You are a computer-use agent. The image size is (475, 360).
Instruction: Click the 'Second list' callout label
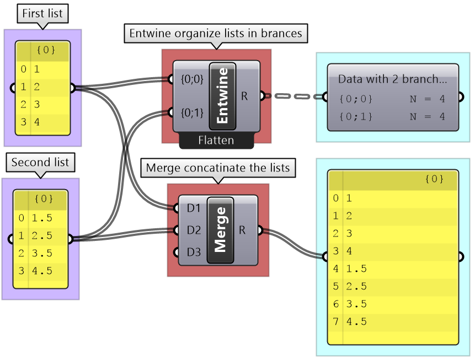[41, 163]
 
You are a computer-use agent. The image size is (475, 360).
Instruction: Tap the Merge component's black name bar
[220, 229]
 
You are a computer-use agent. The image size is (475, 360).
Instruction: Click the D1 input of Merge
[193, 209]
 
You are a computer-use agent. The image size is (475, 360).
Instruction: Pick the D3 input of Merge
[193, 252]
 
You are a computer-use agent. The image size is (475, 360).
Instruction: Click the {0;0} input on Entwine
[192, 79]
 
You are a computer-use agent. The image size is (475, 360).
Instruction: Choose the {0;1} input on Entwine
[192, 113]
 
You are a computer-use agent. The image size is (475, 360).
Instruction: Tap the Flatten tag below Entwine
[216, 141]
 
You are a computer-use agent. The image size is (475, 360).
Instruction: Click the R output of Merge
[242, 229]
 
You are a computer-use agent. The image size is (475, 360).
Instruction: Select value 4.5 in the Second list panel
[41, 271]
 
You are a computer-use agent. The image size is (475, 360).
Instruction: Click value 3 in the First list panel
[36, 104]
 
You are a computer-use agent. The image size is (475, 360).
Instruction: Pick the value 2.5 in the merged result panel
[356, 286]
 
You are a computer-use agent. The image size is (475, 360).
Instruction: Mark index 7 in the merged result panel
[336, 321]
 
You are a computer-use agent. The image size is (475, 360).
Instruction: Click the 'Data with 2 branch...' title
[392, 79]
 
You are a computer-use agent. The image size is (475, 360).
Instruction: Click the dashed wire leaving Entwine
[295, 96]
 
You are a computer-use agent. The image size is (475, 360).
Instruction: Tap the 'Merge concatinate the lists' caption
[218, 168]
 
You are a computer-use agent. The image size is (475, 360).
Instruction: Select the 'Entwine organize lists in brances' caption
[216, 33]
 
